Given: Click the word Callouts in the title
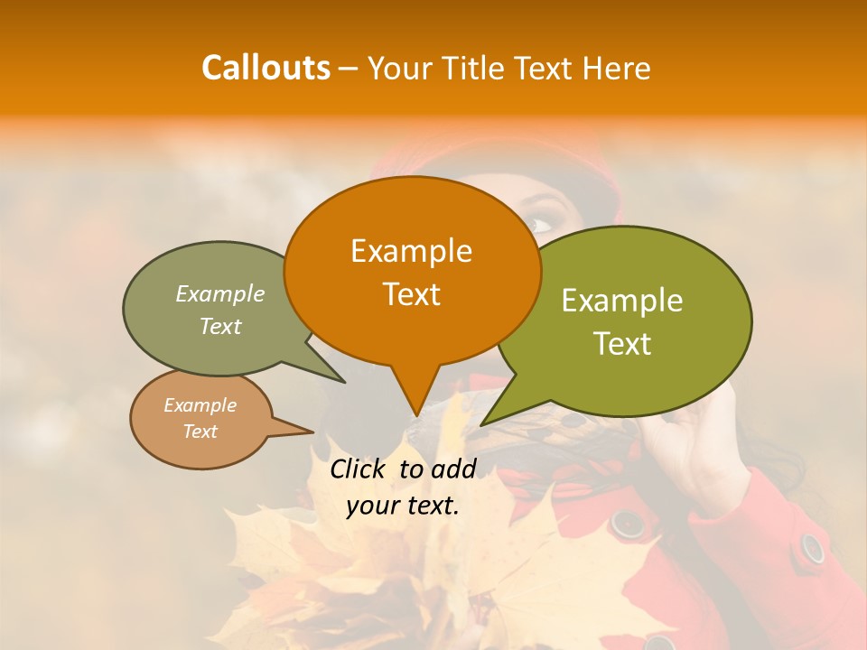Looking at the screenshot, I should [266, 68].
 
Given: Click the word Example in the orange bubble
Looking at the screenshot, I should [411, 251].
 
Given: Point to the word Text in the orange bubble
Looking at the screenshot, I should [411, 294].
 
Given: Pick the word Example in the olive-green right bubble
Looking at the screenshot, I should [622, 301].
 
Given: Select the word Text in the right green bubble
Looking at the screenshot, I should [622, 344].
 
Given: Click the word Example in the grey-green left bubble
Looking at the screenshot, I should [220, 294].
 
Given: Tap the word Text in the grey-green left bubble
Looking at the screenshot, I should [220, 326].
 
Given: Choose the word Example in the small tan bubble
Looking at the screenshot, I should [200, 405].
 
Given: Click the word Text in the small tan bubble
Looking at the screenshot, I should [200, 432].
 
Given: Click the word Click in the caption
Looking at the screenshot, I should [359, 469].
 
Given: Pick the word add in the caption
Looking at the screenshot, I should [453, 469].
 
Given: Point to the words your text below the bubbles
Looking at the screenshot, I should [403, 506].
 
